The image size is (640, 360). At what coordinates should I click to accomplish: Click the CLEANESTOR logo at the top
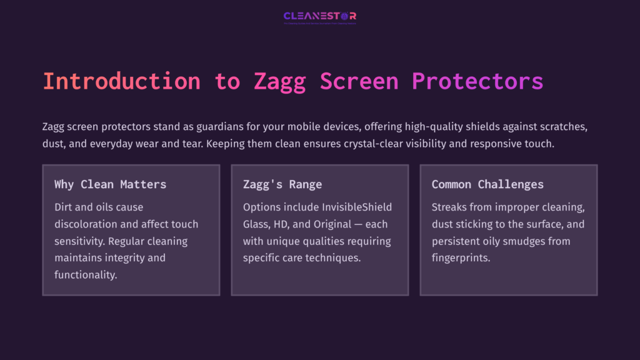pos(319,16)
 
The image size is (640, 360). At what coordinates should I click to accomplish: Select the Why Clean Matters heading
pos(110,184)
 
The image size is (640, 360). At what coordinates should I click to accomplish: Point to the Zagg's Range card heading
pos(282,184)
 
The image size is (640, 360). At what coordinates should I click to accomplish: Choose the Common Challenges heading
pos(487,184)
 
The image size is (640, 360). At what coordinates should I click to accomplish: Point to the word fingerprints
pos(462,257)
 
